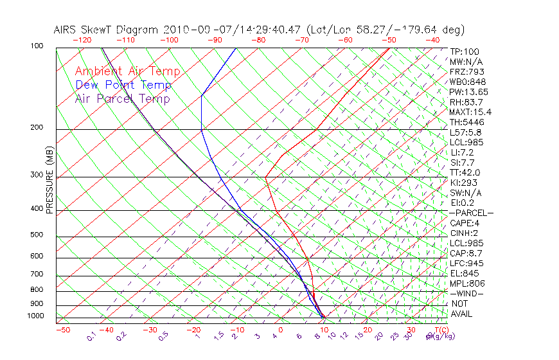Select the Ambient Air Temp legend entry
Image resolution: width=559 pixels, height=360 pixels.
[128, 71]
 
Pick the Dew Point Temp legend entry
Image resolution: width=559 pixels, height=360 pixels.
[123, 85]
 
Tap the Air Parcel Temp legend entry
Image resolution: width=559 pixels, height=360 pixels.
[123, 98]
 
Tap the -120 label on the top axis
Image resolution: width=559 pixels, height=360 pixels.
[82, 40]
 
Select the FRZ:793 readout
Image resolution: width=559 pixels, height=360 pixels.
[467, 71]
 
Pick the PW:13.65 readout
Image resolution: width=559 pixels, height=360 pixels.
[469, 92]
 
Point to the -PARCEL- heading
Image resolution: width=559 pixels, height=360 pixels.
[472, 213]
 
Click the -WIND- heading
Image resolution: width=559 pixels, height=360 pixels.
[467, 293]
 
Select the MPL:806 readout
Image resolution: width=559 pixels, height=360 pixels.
[467, 283]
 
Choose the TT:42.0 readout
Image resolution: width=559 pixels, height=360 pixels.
[466, 172]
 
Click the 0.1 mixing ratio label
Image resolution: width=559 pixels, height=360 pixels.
[91, 336]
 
